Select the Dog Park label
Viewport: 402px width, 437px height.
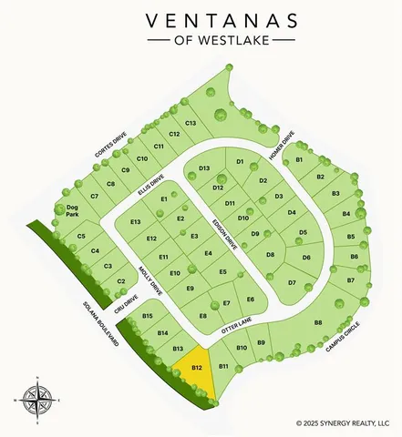72,211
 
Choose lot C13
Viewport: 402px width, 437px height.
191,123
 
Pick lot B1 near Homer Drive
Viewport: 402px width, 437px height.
299,160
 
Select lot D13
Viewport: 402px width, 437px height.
204,168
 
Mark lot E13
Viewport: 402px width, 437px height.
136,222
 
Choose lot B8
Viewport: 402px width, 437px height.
318,322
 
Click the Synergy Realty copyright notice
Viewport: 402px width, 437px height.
348,422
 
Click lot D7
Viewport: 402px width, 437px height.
293,283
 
